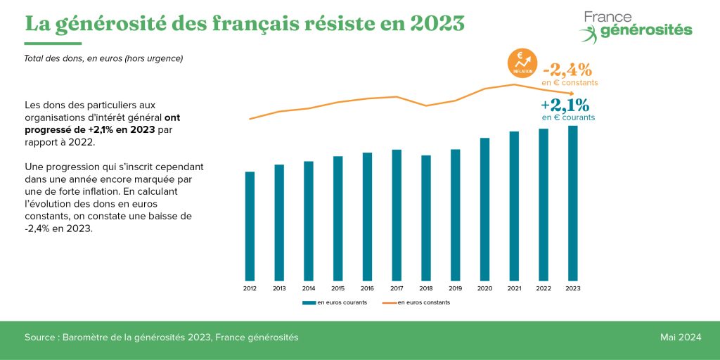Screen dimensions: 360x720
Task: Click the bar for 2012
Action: (x=250, y=226)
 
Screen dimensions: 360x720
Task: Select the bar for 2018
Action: (x=426, y=217)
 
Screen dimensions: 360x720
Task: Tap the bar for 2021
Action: (x=514, y=205)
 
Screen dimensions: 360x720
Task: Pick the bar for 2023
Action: (x=573, y=202)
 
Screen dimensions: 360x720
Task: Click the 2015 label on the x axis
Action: (x=337, y=288)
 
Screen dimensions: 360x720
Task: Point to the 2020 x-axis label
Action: (x=484, y=288)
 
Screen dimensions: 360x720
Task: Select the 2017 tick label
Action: (x=397, y=288)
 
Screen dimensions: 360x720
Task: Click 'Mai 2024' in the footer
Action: (x=680, y=337)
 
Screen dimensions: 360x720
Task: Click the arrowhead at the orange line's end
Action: (x=574, y=94)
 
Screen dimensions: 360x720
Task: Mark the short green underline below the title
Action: (x=53, y=44)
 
